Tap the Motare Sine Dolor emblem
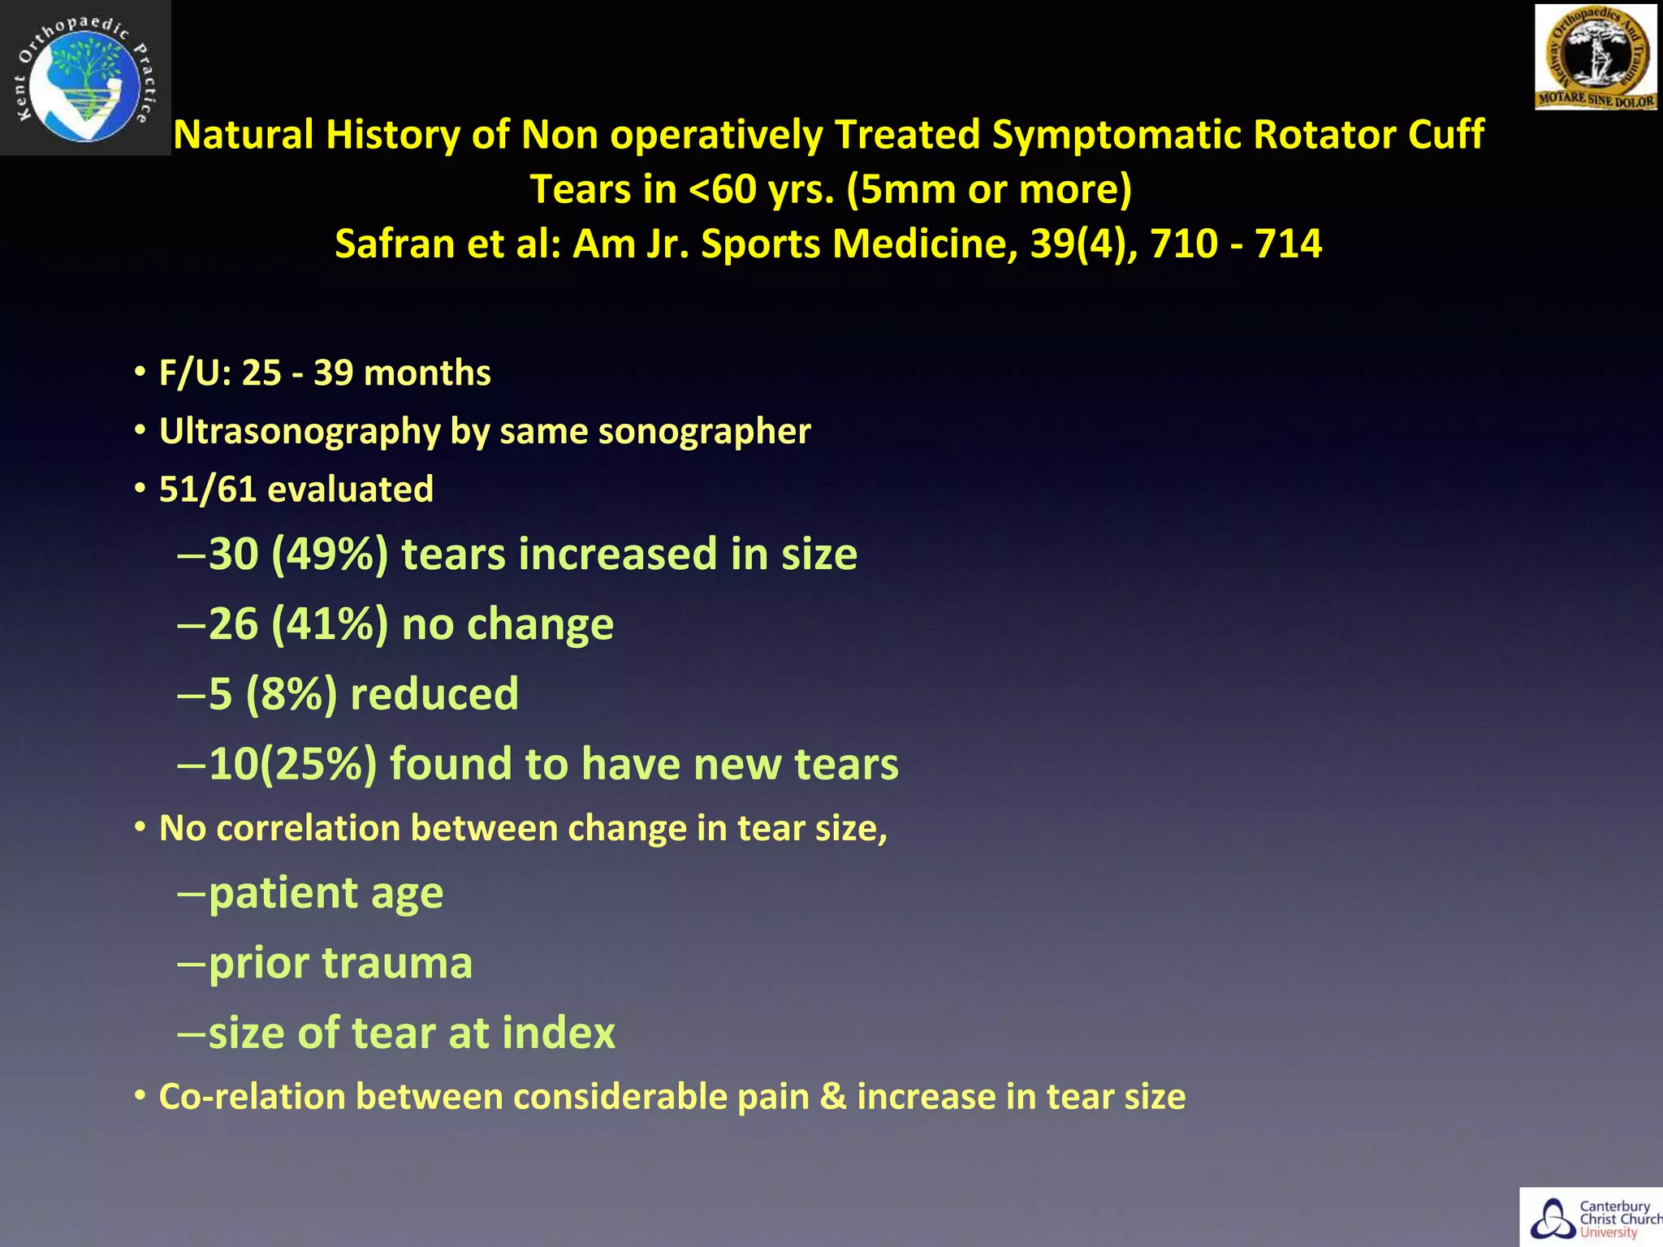(x=1595, y=57)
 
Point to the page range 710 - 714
(x=1236, y=244)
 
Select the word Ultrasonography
(x=299, y=431)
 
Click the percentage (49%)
(x=330, y=554)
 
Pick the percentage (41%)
(x=330, y=624)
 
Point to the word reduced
(x=434, y=694)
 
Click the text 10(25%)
(x=292, y=764)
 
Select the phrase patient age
(x=326, y=894)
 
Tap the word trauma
(x=397, y=964)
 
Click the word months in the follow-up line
(x=427, y=373)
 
